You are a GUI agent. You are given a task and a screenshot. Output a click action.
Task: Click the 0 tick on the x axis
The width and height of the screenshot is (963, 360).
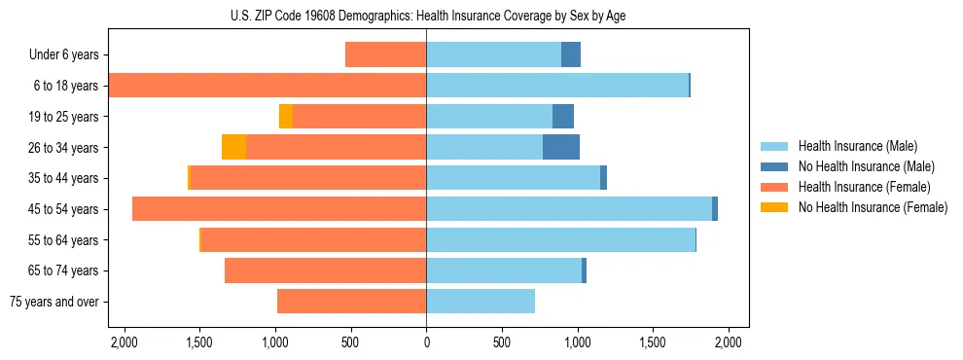(x=426, y=342)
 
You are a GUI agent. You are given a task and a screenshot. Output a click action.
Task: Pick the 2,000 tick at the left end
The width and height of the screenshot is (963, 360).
(x=124, y=342)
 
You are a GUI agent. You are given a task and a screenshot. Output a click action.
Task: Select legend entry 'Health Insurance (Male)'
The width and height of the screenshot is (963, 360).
(x=857, y=146)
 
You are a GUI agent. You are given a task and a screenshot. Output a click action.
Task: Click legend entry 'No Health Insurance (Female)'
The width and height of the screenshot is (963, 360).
(x=873, y=207)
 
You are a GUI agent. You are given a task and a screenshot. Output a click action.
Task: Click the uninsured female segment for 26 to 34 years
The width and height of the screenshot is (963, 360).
(x=233, y=148)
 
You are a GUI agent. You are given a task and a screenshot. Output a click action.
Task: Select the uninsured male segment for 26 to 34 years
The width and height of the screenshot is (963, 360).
(x=561, y=148)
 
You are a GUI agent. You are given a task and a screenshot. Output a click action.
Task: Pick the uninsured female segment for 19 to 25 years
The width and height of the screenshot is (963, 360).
(x=286, y=117)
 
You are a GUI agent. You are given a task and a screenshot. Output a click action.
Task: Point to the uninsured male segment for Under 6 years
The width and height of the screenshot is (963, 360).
(x=571, y=55)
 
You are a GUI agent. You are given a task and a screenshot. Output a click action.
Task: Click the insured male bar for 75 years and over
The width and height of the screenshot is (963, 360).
(x=481, y=302)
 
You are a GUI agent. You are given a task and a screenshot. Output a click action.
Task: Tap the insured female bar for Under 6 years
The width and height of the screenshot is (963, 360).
(x=385, y=55)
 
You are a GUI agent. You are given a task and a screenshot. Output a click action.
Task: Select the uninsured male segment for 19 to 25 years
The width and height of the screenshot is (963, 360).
(x=563, y=117)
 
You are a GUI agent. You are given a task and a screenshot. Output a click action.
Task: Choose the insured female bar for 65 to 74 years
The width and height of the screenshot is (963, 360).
(x=325, y=270)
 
